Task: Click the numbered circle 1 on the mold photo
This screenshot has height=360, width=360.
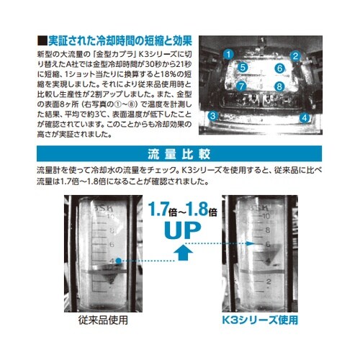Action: [x=228, y=53]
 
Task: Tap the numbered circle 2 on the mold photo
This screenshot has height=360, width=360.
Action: [x=294, y=55]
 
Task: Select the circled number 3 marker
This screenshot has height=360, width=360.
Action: [x=213, y=115]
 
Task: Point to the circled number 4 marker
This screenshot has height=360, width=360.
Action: [x=305, y=117]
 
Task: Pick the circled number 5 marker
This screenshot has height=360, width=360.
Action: [x=243, y=68]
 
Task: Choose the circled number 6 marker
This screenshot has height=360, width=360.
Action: [x=279, y=69]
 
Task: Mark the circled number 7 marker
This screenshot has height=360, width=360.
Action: [x=242, y=86]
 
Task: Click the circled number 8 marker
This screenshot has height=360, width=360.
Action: [x=279, y=86]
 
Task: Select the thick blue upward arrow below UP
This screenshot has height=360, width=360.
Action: [x=184, y=253]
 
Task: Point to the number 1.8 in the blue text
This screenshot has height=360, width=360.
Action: [x=200, y=210]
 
